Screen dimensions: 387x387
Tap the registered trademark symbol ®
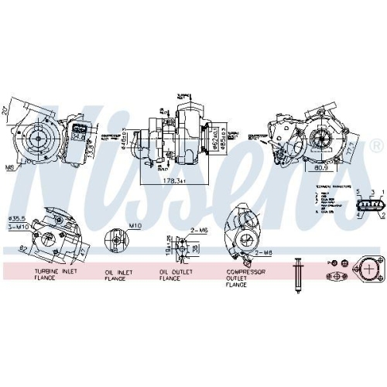click(375, 145)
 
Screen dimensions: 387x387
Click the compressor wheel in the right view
click(320, 137)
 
